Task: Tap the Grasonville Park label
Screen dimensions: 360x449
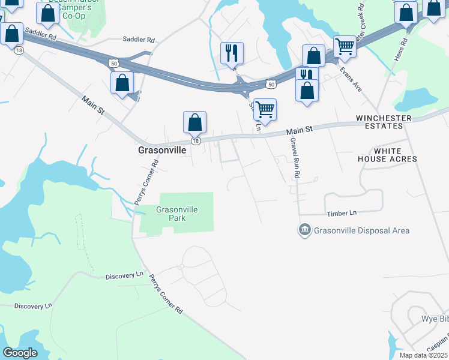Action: pos(176,214)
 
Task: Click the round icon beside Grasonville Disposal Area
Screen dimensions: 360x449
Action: pos(304,230)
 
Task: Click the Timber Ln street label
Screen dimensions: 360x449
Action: pos(342,213)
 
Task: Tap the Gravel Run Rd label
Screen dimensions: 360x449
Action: pos(294,157)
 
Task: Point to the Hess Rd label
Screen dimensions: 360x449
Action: pos(404,50)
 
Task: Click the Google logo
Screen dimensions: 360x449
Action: pos(20,353)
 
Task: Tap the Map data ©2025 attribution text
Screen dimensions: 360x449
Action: pos(424,355)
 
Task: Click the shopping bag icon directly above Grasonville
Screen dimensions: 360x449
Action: pos(195,122)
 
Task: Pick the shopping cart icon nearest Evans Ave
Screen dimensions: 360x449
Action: pos(345,46)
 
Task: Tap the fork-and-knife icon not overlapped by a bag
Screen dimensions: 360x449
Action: pos(231,53)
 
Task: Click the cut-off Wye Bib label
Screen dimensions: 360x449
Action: pos(435,317)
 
